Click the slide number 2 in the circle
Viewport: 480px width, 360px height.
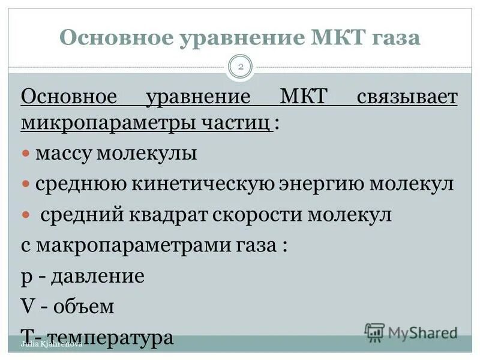point(241,67)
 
